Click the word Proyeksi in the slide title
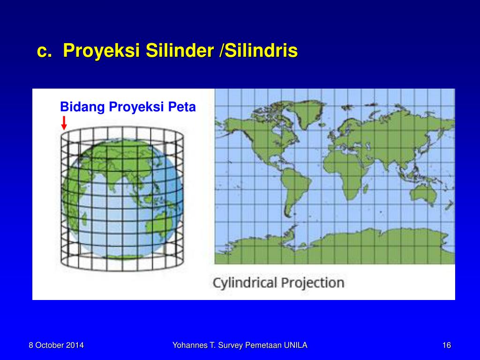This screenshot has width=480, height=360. [101, 51]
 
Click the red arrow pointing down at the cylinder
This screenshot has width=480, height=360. [64, 123]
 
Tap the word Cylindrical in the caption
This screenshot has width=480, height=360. [243, 283]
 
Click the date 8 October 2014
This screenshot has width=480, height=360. [56, 345]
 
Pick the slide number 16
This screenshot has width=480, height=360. [446, 345]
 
